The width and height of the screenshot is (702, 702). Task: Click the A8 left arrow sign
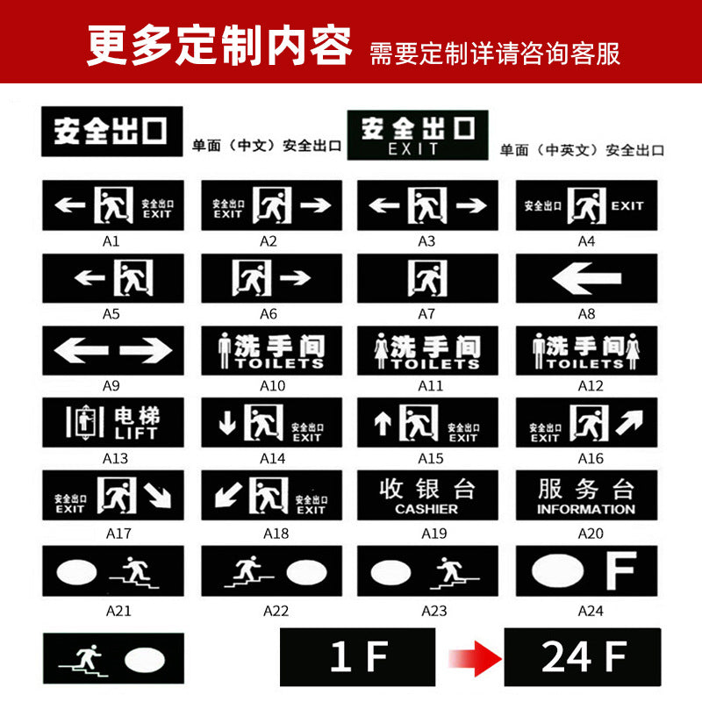point(586,279)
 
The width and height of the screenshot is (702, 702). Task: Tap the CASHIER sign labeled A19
point(426,496)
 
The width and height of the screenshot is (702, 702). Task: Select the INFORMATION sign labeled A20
point(586,496)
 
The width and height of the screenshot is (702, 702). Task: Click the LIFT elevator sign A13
point(113,422)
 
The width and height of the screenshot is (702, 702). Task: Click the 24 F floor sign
point(582,657)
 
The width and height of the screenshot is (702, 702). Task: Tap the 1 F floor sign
point(358,657)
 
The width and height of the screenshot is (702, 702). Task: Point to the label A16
point(590,458)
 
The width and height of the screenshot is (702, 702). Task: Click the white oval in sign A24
point(557,571)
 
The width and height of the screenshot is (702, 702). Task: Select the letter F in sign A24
point(620,571)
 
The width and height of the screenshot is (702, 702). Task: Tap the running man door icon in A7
point(427,279)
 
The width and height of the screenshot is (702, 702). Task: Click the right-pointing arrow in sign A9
point(146,351)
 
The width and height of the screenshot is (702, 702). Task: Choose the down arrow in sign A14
point(227,423)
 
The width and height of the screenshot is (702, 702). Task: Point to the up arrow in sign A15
point(383,423)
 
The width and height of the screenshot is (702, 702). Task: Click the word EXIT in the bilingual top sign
point(414,149)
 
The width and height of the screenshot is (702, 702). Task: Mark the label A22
point(276,611)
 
